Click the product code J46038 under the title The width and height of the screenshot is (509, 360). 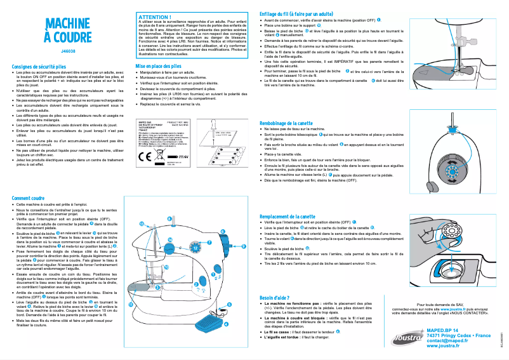[x=69, y=50]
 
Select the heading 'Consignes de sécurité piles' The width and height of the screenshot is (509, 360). [x=40, y=66]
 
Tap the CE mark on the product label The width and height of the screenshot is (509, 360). [x=144, y=155]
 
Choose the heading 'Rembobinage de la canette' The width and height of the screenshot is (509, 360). [x=296, y=123]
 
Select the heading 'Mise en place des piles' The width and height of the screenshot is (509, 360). [x=159, y=66]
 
